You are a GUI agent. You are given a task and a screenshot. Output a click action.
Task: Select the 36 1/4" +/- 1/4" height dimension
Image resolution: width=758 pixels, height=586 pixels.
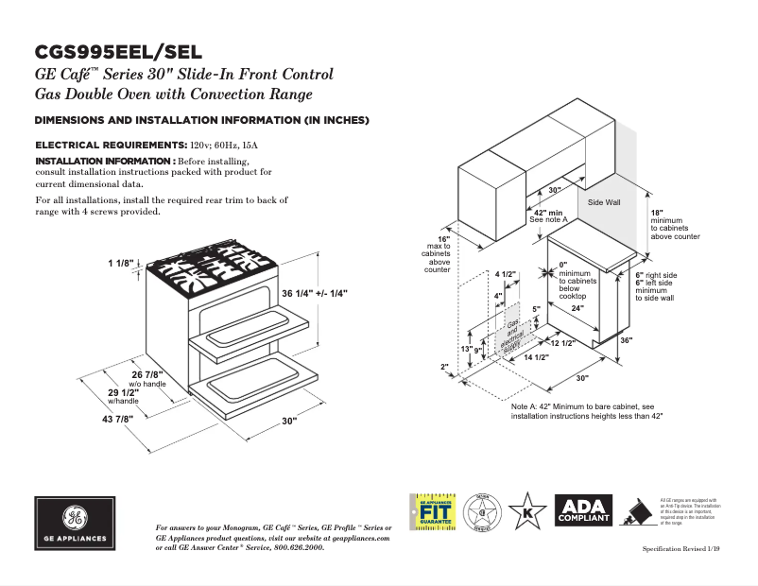point(315,294)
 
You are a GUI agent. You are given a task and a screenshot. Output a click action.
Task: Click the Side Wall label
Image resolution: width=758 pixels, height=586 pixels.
point(603,203)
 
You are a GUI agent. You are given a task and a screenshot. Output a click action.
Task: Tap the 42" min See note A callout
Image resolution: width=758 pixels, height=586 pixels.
point(547,216)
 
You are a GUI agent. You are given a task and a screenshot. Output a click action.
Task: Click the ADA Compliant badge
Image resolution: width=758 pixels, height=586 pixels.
point(583,511)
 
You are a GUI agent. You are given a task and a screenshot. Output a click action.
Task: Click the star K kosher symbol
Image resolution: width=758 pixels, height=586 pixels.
point(527,511)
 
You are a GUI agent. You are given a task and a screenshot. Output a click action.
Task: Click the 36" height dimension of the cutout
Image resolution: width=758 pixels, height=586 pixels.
point(626,340)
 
